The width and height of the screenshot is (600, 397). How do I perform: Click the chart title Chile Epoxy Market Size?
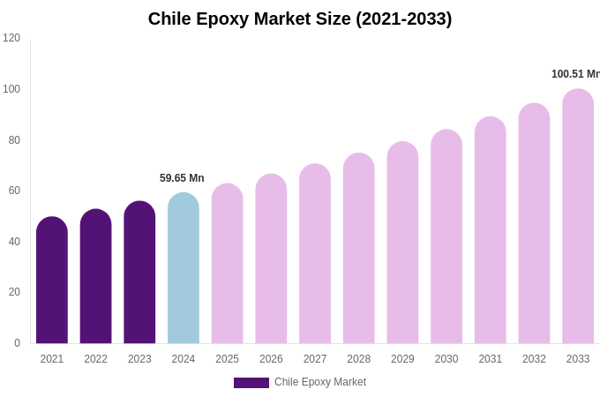[x=300, y=19]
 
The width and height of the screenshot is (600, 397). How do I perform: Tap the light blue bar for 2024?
[x=184, y=268]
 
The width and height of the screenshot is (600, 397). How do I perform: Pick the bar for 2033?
[x=578, y=216]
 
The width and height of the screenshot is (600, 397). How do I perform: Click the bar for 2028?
[x=359, y=249]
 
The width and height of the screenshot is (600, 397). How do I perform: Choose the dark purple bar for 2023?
[x=139, y=273]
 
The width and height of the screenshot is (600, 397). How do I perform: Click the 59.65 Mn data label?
[x=182, y=178]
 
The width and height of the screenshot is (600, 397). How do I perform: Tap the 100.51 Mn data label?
[x=575, y=74]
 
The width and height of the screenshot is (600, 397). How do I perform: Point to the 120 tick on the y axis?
[x=11, y=38]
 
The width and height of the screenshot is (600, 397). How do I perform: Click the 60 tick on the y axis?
[x=14, y=191]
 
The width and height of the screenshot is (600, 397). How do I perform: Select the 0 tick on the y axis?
[x=17, y=343]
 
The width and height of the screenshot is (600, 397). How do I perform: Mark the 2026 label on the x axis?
[x=271, y=359]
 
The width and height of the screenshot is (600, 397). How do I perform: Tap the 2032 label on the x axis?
[x=534, y=359]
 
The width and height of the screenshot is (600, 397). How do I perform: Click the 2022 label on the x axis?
[x=95, y=359]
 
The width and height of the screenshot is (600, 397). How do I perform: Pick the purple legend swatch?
[x=251, y=383]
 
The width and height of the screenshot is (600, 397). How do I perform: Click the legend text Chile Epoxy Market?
[x=320, y=382]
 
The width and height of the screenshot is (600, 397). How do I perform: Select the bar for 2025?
[x=228, y=264]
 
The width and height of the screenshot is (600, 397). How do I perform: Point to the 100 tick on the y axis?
[x=11, y=89]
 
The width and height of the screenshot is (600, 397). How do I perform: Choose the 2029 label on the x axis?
[x=402, y=359]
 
